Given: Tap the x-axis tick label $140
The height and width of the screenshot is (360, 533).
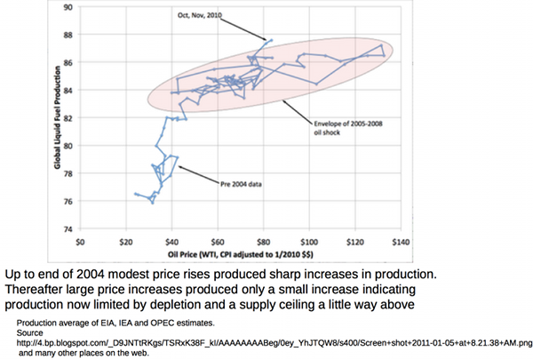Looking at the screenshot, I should (400, 240).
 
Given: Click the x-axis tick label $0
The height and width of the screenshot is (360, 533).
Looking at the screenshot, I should (81, 240).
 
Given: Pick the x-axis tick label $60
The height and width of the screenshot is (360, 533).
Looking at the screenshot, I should (217, 240).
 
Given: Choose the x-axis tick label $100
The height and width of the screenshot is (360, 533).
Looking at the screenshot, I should (308, 240).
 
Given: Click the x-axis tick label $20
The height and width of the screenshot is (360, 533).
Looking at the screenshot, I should (126, 240).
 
